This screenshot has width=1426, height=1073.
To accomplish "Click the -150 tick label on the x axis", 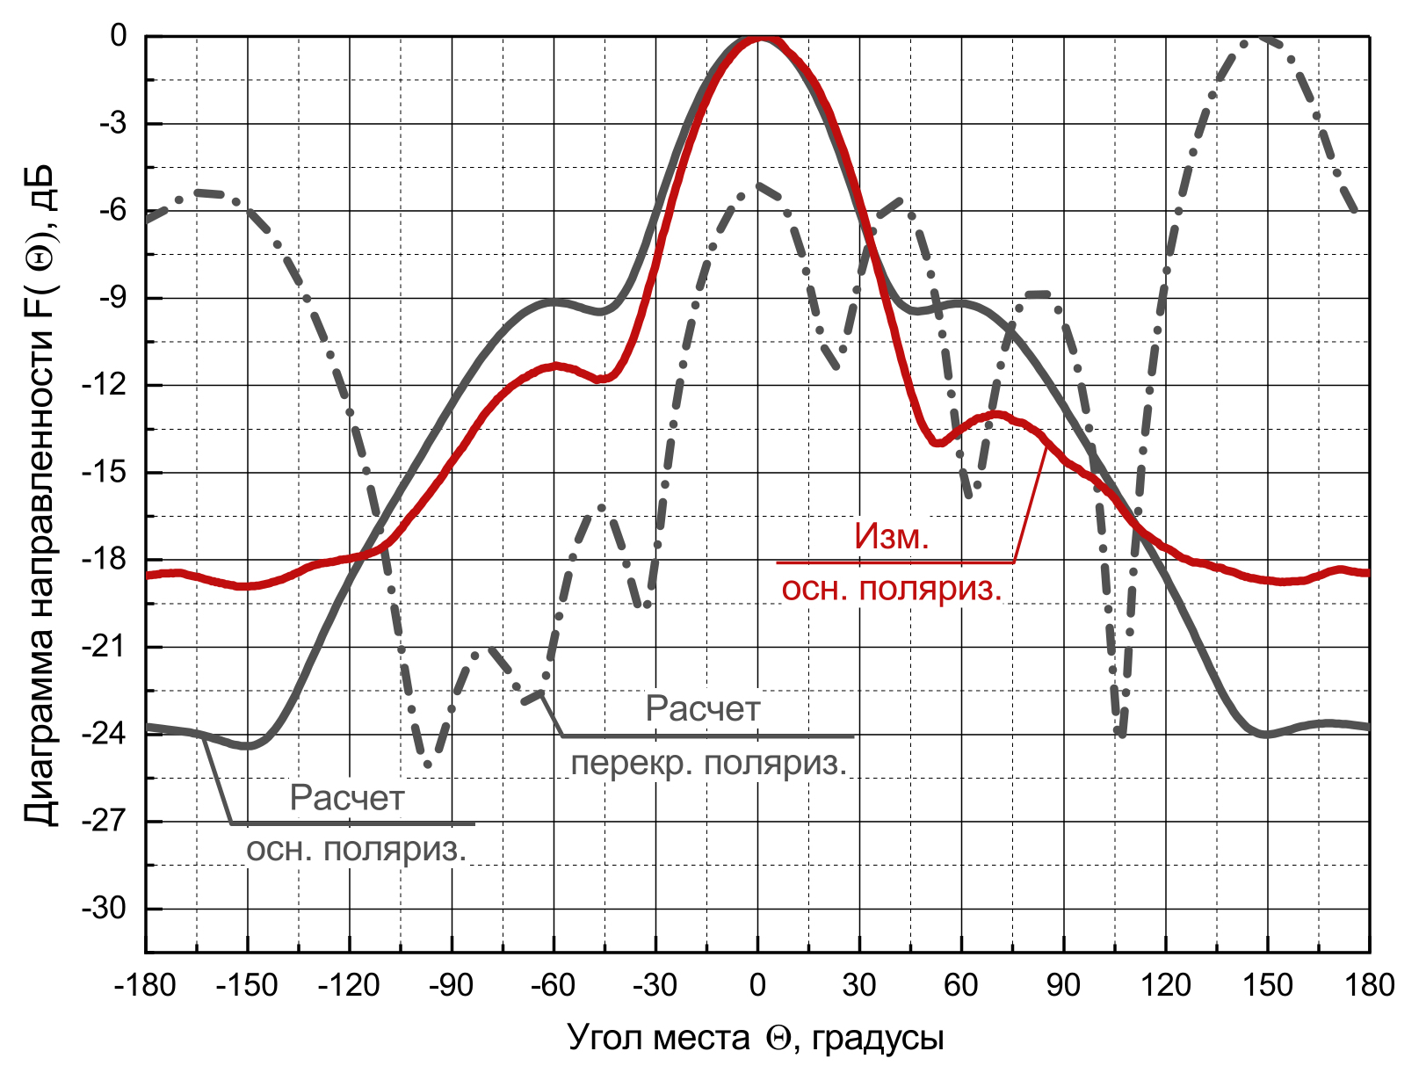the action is click(x=247, y=986).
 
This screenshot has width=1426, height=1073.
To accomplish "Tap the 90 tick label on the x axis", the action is click(x=1063, y=986).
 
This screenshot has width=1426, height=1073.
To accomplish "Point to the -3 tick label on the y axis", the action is click(x=113, y=123).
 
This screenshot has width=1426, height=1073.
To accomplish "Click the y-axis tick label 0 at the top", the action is click(x=119, y=36).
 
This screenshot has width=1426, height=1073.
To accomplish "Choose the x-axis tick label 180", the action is click(x=1370, y=986).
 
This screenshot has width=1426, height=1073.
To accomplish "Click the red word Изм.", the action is click(x=891, y=537).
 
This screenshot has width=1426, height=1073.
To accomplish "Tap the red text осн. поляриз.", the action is click(x=891, y=590).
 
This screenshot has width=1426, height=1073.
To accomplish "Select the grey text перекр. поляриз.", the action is click(x=709, y=764).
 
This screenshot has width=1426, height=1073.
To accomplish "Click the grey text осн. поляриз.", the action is click(x=356, y=850).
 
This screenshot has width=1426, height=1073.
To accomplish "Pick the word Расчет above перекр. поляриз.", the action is click(x=703, y=708).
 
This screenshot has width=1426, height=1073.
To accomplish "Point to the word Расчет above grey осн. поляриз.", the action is click(x=347, y=798).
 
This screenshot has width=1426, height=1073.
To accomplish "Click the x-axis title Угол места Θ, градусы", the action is click(x=756, y=1038).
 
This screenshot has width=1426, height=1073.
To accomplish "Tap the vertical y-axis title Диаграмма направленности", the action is click(x=40, y=495).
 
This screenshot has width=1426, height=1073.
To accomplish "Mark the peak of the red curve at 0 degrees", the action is click(x=760, y=38).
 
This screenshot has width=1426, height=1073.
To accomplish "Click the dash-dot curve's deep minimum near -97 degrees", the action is click(x=427, y=764).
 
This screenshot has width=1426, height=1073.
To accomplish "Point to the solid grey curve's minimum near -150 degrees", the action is click(x=247, y=745).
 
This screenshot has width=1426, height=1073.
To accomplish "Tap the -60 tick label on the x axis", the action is click(x=553, y=986).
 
